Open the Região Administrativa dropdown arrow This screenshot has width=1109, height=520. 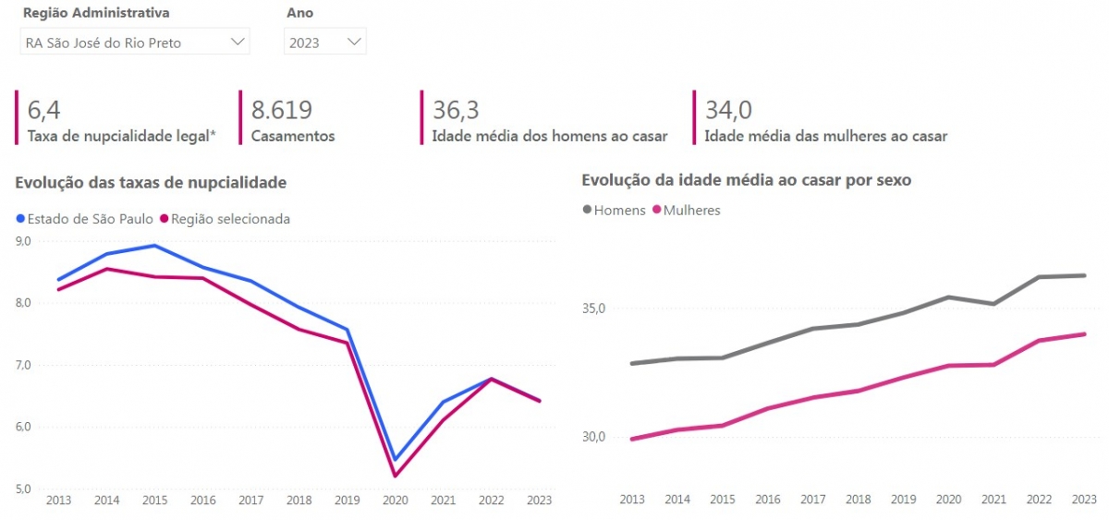pyautogui.click(x=238, y=42)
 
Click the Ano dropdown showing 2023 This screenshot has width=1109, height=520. pyautogui.click(x=324, y=42)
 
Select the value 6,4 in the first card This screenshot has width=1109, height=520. pyautogui.click(x=44, y=111)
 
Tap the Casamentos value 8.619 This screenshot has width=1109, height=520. pyautogui.click(x=281, y=111)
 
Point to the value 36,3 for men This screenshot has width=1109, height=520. pyautogui.click(x=456, y=111)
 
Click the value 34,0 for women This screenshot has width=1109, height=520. pyautogui.click(x=728, y=111)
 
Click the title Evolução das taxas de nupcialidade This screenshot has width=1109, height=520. pyautogui.click(x=151, y=183)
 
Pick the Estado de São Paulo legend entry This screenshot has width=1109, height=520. pyautogui.click(x=84, y=219)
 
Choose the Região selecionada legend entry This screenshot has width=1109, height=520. pyautogui.click(x=225, y=219)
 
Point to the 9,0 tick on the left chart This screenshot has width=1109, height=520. pyautogui.click(x=23, y=241)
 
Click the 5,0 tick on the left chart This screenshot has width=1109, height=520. pyautogui.click(x=23, y=489)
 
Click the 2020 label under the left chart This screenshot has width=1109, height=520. pyautogui.click(x=395, y=500)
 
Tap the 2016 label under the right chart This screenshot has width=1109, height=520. pyautogui.click(x=768, y=500)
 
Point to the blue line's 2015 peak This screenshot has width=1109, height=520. pyautogui.click(x=154, y=246)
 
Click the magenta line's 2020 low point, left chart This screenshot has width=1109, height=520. pyautogui.click(x=396, y=477)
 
